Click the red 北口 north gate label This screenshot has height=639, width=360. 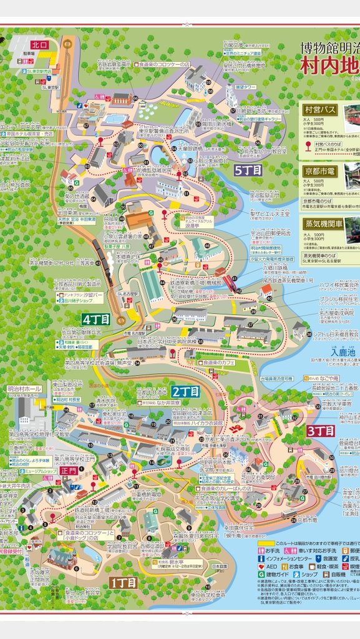coord(39,45)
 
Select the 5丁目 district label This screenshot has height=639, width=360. coord(248,169)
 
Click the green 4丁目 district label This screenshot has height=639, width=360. coord(95,319)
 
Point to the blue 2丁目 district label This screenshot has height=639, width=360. coord(185,392)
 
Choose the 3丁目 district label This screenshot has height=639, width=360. coord(321,431)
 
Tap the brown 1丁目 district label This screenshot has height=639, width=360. coord(124,582)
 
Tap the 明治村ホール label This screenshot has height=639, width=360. coord(25,389)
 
